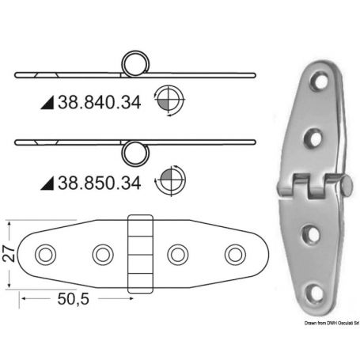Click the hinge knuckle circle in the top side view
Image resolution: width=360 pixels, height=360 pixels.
[x=135, y=66]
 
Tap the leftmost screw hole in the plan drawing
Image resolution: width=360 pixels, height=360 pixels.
[x=45, y=254]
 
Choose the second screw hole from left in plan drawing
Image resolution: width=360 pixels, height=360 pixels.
[x=102, y=254]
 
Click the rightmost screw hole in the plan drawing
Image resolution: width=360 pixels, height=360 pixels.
[x=234, y=254]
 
